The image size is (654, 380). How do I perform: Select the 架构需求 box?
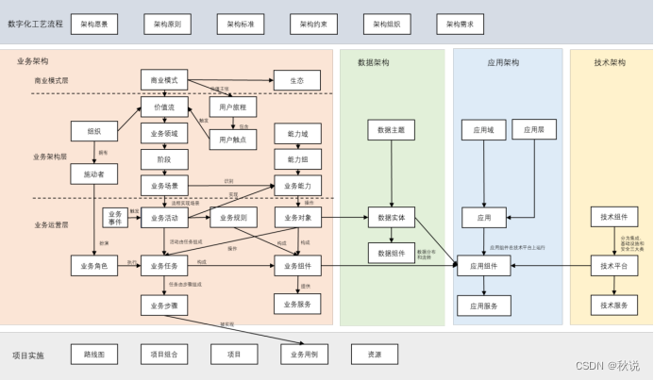pyautogui.click(x=461, y=24)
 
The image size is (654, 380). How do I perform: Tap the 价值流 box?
pyautogui.click(x=164, y=108)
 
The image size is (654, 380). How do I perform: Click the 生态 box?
pyautogui.click(x=297, y=81)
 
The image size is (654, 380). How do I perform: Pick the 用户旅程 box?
pyautogui.click(x=232, y=108)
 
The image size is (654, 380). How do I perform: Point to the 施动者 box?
pyautogui.click(x=93, y=174)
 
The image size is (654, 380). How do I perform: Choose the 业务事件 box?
pyautogui.click(x=114, y=218)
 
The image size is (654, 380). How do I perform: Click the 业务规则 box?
pyautogui.click(x=232, y=218)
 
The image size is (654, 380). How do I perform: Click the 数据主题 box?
pyautogui.click(x=391, y=130)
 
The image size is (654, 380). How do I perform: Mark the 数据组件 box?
pyautogui.click(x=391, y=253)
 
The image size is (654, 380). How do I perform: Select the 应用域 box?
pyautogui.click(x=483, y=130)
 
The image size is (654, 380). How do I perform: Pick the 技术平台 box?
pyautogui.click(x=613, y=266)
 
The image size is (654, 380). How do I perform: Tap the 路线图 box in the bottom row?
pyautogui.click(x=93, y=355)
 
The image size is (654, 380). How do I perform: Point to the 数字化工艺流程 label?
pyautogui.click(x=35, y=24)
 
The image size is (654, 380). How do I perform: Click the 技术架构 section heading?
pyautogui.click(x=610, y=63)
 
